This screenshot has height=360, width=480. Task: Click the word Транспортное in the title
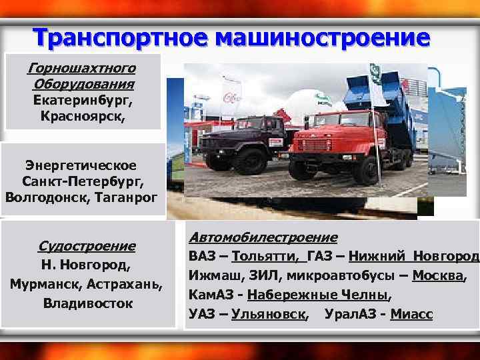tap(120, 37)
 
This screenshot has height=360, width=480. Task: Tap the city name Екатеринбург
tap(82, 101)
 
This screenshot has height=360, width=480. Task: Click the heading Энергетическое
tap(81, 165)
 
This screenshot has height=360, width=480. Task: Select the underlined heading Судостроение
tap(86, 246)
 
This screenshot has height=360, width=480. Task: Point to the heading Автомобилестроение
tap(263, 237)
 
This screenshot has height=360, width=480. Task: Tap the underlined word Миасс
tap(411, 314)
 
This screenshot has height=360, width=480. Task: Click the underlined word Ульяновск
tap(269, 314)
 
